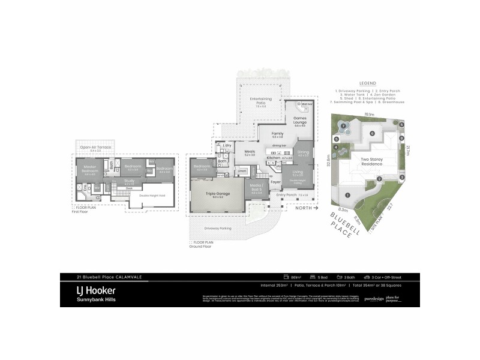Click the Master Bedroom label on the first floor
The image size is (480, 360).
tap(91, 167)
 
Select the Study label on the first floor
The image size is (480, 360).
tap(129, 179)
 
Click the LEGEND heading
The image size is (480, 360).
tap(367, 84)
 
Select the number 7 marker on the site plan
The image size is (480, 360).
tap(344, 126)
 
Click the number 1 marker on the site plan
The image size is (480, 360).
tap(348, 196)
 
